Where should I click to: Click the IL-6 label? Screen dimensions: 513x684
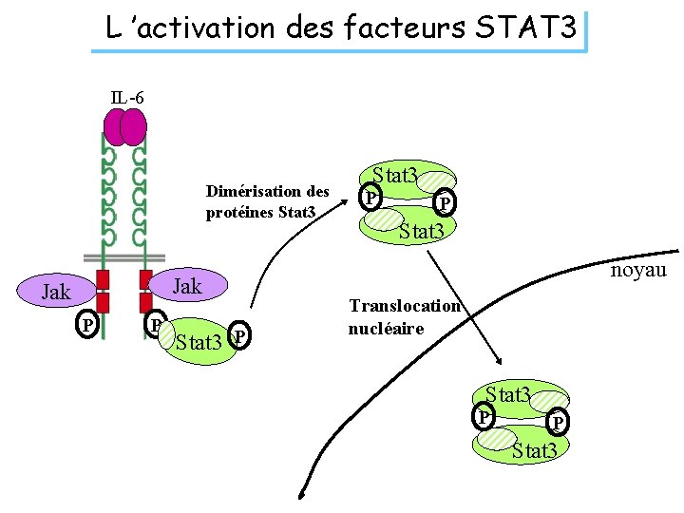coord(127,98)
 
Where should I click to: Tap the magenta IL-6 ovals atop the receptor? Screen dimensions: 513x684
coord(125,126)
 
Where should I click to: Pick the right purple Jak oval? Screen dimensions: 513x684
coord(185,285)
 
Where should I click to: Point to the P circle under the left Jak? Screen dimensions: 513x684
coord(87,326)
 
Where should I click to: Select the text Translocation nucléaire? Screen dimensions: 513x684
coord(404,317)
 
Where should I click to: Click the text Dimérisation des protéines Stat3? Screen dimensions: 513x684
coord(267,200)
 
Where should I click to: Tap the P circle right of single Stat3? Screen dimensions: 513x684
coord(242,337)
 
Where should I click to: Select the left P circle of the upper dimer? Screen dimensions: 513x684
coord(370,199)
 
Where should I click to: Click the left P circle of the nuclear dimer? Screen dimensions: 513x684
coord(484,416)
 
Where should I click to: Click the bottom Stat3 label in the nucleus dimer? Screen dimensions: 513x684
coord(533,450)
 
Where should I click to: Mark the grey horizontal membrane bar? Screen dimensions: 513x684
coord(123,257)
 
